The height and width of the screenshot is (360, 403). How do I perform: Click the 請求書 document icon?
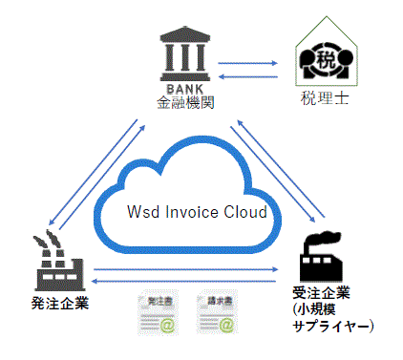tap(216, 314)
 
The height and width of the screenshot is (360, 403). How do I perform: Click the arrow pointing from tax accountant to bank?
tap(248, 77)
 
